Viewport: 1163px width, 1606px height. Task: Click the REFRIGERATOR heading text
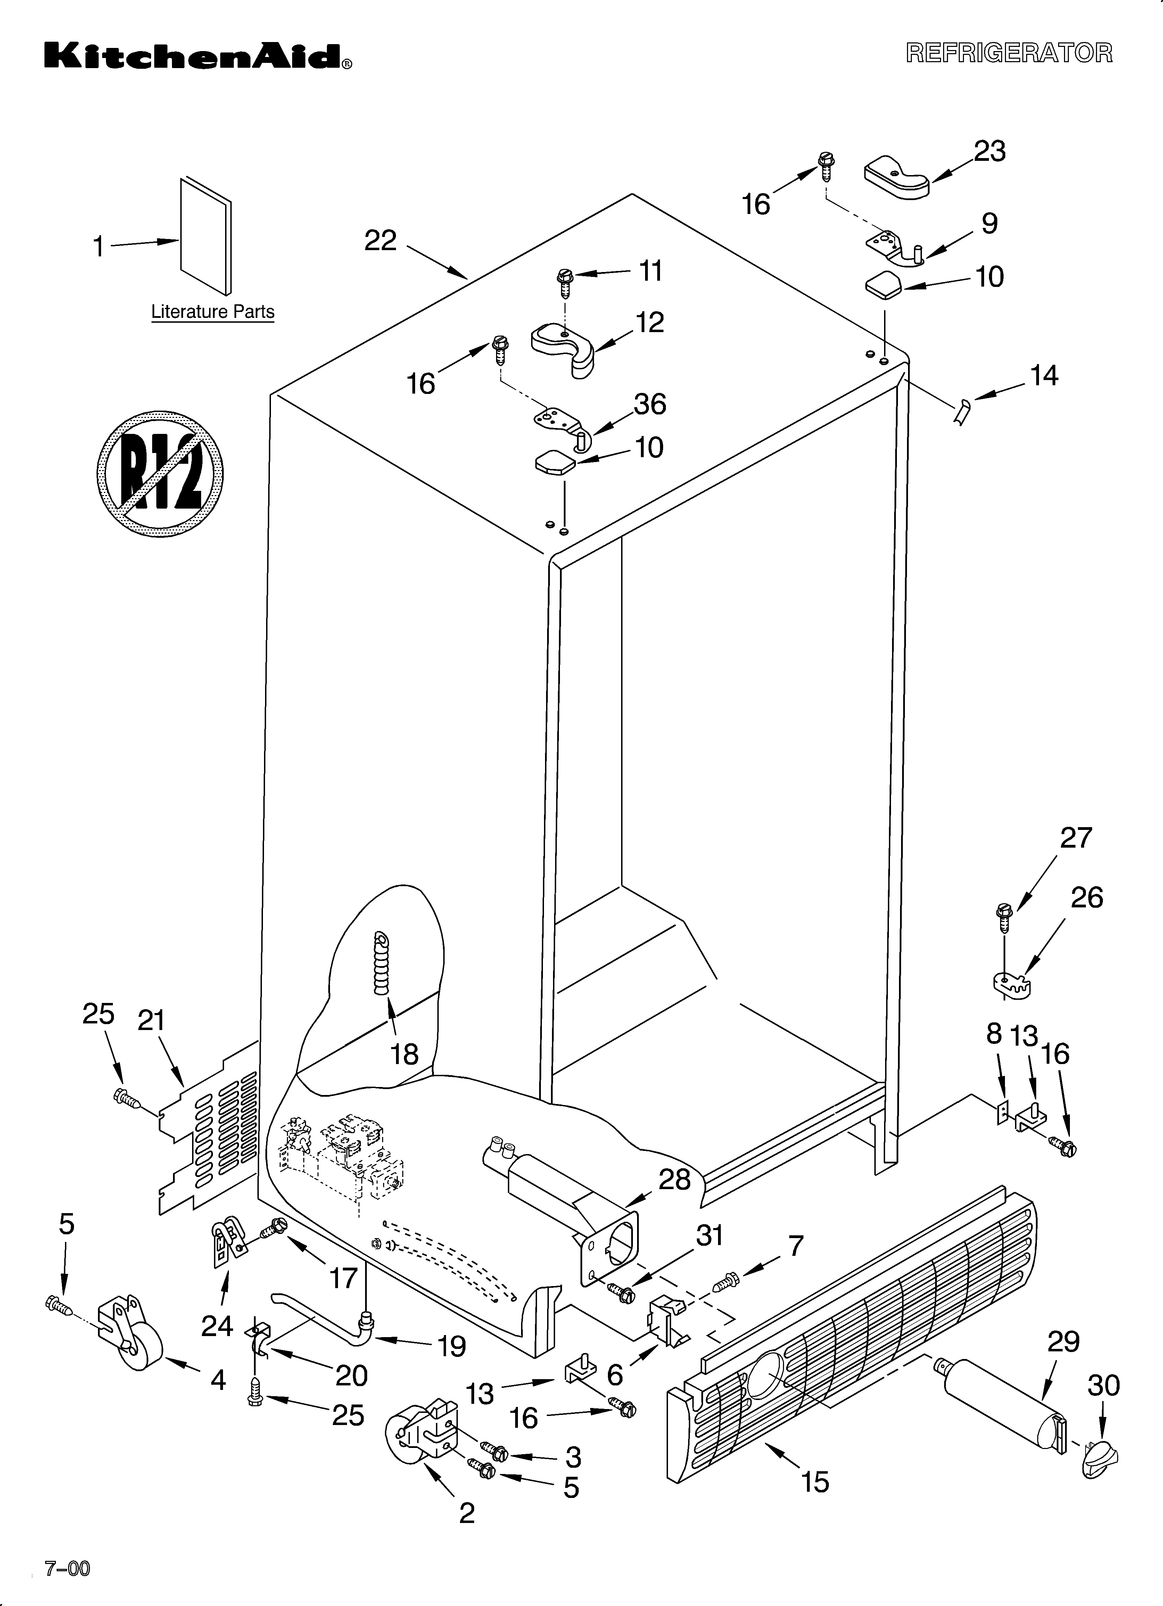coord(1009,53)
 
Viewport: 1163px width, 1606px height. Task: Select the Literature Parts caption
coord(213,312)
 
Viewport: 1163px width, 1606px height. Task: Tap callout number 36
coord(650,404)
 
